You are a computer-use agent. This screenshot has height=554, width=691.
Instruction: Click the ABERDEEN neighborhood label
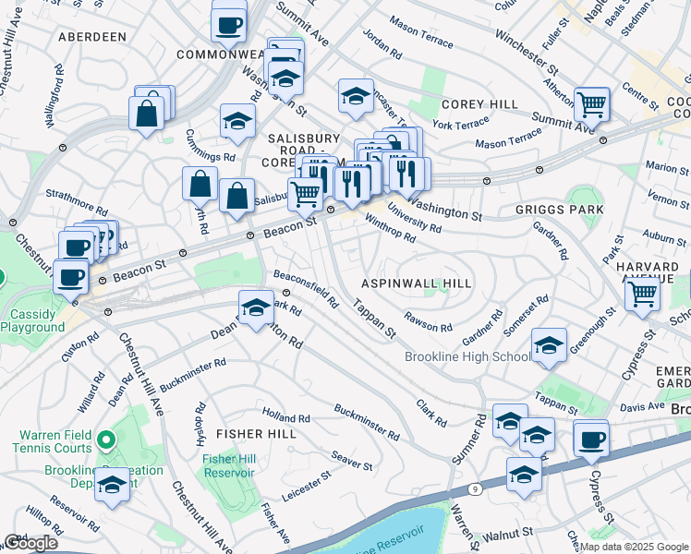91,37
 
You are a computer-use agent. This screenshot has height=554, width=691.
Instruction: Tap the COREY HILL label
479,105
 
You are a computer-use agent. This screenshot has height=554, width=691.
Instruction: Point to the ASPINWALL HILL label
416,283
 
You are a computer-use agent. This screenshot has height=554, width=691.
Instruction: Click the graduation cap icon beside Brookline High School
549,346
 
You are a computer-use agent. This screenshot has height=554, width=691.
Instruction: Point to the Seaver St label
352,459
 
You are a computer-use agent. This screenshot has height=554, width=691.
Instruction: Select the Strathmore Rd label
78,195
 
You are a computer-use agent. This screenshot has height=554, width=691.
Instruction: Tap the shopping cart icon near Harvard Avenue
642,294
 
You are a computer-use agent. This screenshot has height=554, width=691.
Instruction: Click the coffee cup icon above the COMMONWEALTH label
228,25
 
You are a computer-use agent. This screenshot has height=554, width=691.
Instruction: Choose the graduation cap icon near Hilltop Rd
113,484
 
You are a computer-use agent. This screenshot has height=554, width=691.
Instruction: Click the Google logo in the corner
30,543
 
